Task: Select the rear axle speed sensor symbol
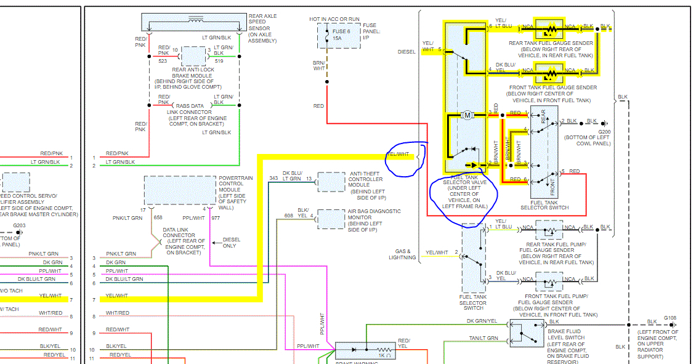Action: [x=195, y=22]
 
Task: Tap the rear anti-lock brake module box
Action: [x=193, y=56]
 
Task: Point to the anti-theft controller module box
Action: [x=331, y=182]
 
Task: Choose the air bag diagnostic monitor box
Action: [x=331, y=219]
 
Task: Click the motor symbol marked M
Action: [x=467, y=115]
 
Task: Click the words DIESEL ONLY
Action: [x=231, y=243]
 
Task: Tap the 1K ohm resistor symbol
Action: [x=386, y=350]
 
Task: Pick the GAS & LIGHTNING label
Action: [x=403, y=254]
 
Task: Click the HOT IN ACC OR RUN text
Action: [x=335, y=19]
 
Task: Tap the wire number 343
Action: [x=273, y=179]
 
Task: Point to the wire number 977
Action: [x=216, y=217]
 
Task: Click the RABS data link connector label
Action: [x=192, y=112]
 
